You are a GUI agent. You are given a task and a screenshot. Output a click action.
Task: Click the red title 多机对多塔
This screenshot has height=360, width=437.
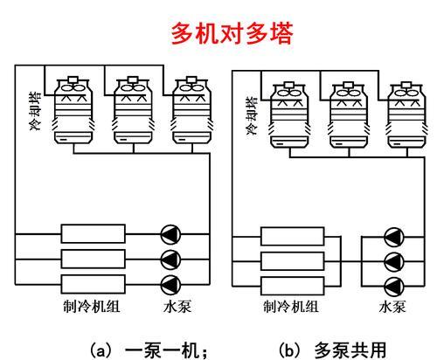[232, 34]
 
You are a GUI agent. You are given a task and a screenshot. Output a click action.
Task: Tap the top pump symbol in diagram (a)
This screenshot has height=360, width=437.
[170, 234]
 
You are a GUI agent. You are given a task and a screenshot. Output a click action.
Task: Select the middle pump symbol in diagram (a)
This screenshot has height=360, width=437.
[170, 260]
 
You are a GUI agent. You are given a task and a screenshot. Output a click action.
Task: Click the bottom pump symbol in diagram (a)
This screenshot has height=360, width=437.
[170, 285]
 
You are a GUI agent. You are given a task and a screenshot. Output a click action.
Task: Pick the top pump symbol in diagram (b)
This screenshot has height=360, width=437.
[394, 237]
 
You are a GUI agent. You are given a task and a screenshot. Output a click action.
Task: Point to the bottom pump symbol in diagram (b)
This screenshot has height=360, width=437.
[394, 287]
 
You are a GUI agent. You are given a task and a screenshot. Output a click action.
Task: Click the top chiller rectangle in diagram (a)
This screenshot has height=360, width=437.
[94, 233]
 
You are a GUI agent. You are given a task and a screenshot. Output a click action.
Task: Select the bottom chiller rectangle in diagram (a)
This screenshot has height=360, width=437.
[94, 284]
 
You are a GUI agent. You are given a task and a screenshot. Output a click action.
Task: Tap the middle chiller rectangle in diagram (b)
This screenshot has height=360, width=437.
[293, 261]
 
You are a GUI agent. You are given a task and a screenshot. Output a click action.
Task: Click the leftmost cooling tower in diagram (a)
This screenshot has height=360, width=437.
[73, 110]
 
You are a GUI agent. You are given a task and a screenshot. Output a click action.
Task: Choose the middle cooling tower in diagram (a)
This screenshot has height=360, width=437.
[133, 110]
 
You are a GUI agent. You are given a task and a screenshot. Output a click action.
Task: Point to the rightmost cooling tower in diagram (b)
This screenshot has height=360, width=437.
[406, 115]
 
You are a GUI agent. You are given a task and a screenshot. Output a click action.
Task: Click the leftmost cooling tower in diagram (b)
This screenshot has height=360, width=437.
[289, 115]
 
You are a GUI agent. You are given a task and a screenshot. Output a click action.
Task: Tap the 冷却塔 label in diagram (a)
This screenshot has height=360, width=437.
[36, 111]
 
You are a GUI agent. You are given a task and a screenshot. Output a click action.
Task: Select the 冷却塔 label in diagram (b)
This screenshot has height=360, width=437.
[253, 116]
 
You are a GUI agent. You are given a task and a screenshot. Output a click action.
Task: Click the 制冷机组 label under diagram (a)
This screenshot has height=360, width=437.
[92, 307]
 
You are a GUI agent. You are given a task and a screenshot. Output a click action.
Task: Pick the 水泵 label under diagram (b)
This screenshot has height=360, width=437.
[392, 307]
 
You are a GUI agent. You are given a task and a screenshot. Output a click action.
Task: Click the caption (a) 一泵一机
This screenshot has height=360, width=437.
[149, 350]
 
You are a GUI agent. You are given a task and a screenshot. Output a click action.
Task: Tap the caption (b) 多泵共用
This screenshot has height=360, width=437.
[333, 350]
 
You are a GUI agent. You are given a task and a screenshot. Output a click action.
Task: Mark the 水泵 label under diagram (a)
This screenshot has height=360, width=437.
[177, 307]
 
